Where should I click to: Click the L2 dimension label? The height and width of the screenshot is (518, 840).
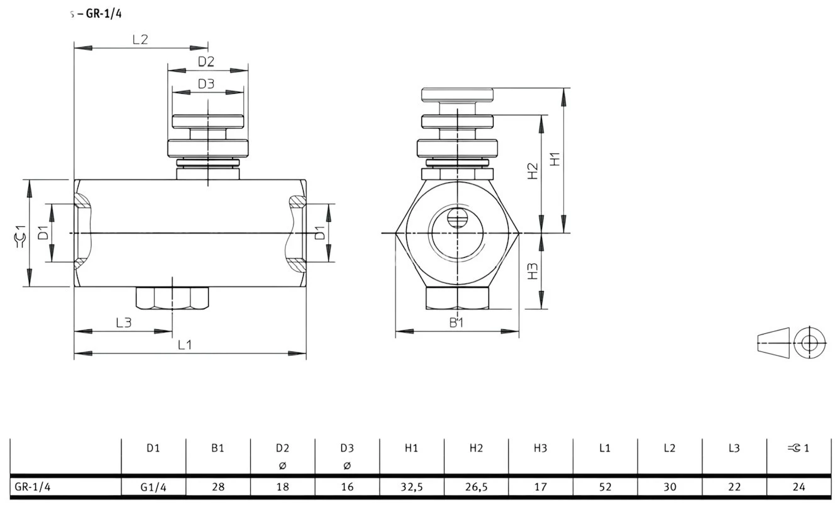coord(140,40)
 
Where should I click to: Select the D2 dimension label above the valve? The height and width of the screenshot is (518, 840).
coord(206,62)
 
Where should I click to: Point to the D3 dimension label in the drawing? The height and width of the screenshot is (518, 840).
coord(206,84)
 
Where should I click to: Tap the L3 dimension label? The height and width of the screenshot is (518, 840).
coord(124,322)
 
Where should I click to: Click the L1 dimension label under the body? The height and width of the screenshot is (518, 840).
coord(184,344)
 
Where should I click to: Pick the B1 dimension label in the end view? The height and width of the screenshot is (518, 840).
coord(456,322)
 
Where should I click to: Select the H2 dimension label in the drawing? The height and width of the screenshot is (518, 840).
coord(533,171)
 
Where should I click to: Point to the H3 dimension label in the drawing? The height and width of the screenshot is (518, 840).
coord(533,271)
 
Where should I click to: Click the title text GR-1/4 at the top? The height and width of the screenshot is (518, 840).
coord(104,14)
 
